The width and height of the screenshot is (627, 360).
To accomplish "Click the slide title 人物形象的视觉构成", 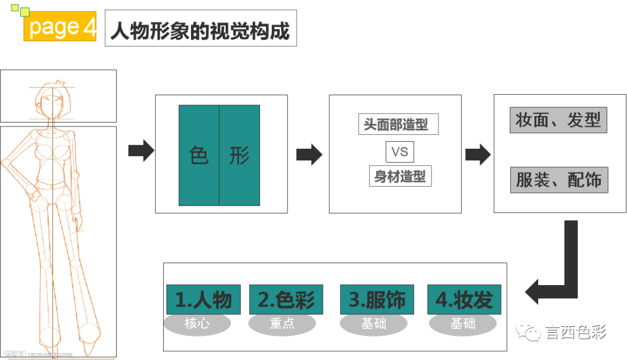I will coord(200,28).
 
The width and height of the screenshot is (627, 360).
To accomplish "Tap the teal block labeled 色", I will coord(199,156).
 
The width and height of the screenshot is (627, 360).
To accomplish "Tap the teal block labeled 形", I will coord(239,156).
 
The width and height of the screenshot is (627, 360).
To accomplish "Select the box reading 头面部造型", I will coord(398,124).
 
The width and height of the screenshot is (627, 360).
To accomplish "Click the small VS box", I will coord(399,152).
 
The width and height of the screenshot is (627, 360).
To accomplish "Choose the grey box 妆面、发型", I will coord(558,120).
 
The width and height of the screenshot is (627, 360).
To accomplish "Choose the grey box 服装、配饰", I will coord(558,181).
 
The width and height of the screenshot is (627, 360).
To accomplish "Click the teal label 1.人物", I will coord(203,300).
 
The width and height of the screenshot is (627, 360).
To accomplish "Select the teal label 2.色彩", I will coord(286,300).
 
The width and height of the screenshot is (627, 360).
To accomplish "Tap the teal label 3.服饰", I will coord(377,300).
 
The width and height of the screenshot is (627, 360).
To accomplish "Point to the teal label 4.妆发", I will coord(464,300).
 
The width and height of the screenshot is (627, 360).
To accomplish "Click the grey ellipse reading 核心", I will coord(197,324).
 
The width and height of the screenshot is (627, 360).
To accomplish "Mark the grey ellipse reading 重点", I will coord(282,324).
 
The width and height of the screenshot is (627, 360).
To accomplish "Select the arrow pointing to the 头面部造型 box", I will coord(309,154).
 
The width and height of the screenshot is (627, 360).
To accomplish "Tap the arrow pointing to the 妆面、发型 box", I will coord(478,154).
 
